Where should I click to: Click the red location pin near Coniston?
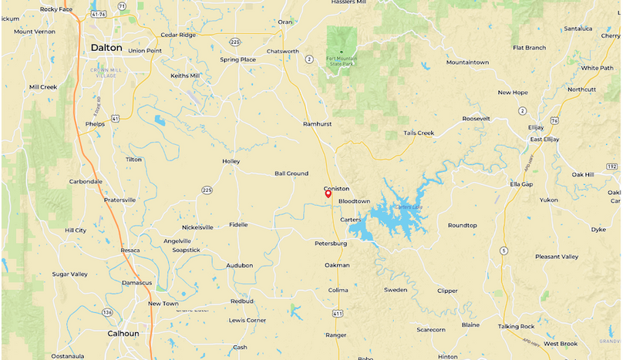pos(328,194)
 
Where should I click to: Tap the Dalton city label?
pos(106,47)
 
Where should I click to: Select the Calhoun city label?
pos(123,334)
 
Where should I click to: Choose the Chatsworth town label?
pos(282,52)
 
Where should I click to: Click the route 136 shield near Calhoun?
pos(107,312)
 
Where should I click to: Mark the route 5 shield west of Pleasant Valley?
pos(503,251)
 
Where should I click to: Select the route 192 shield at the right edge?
pos(611,166)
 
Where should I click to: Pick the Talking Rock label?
pos(516,326)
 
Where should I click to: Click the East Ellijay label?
pos(544,139)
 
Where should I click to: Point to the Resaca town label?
pos(130,251)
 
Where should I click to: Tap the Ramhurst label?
pos(317,123)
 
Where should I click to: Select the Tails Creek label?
pos(419,133)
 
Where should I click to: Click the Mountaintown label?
pos(467,62)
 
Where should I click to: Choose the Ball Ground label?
pos(291,173)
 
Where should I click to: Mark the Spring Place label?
pos(237,59)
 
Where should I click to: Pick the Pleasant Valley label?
pos(557,257)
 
